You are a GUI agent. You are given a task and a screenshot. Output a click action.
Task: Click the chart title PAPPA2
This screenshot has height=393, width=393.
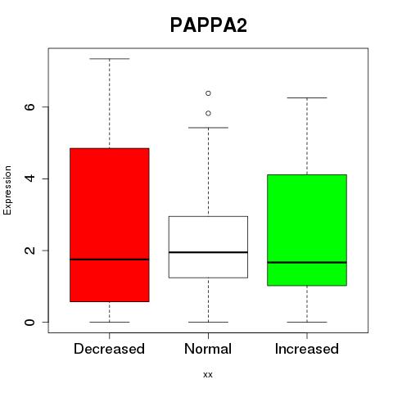pos(209,25)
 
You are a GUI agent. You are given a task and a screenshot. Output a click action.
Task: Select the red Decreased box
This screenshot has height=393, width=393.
pos(110,225)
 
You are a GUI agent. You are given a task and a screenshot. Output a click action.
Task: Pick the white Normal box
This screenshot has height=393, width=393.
pos(208,247)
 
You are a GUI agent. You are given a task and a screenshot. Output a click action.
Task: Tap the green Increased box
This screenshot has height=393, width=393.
pos(307,230)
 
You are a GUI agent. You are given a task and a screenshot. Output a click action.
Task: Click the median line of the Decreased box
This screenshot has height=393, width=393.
pos(110,260)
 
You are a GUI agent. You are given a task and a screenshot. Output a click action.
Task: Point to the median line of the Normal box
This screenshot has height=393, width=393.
pos(208,252)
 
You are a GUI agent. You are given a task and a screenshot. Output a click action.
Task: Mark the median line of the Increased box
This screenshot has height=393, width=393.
pos(307,262)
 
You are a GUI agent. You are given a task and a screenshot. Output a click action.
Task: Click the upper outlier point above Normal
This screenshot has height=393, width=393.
pos(208,93)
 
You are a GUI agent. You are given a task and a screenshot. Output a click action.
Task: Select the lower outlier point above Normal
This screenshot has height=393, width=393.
pos(208,113)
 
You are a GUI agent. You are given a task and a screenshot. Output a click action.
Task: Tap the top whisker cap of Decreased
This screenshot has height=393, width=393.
pos(110,59)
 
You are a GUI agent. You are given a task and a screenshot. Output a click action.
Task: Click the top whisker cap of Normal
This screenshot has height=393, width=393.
pos(208,128)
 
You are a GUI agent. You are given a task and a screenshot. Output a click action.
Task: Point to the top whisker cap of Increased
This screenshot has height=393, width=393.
pos(307,97)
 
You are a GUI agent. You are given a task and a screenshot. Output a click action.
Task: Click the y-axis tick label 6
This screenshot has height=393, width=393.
pos(29,106)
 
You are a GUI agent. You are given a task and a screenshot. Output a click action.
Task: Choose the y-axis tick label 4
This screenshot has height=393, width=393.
pos(29,178)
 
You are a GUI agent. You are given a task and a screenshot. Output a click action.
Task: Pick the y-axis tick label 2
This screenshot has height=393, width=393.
pos(29,251)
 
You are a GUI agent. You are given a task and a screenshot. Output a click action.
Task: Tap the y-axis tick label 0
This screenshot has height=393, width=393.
pos(29,322)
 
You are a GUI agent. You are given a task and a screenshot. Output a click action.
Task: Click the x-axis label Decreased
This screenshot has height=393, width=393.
pos(109,349)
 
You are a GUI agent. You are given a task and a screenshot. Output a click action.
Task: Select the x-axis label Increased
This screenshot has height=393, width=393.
pos(307,349)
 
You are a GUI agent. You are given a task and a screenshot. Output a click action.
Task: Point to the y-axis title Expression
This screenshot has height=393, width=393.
pos(7,190)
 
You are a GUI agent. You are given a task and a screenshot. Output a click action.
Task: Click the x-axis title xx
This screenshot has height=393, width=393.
pos(208,375)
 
